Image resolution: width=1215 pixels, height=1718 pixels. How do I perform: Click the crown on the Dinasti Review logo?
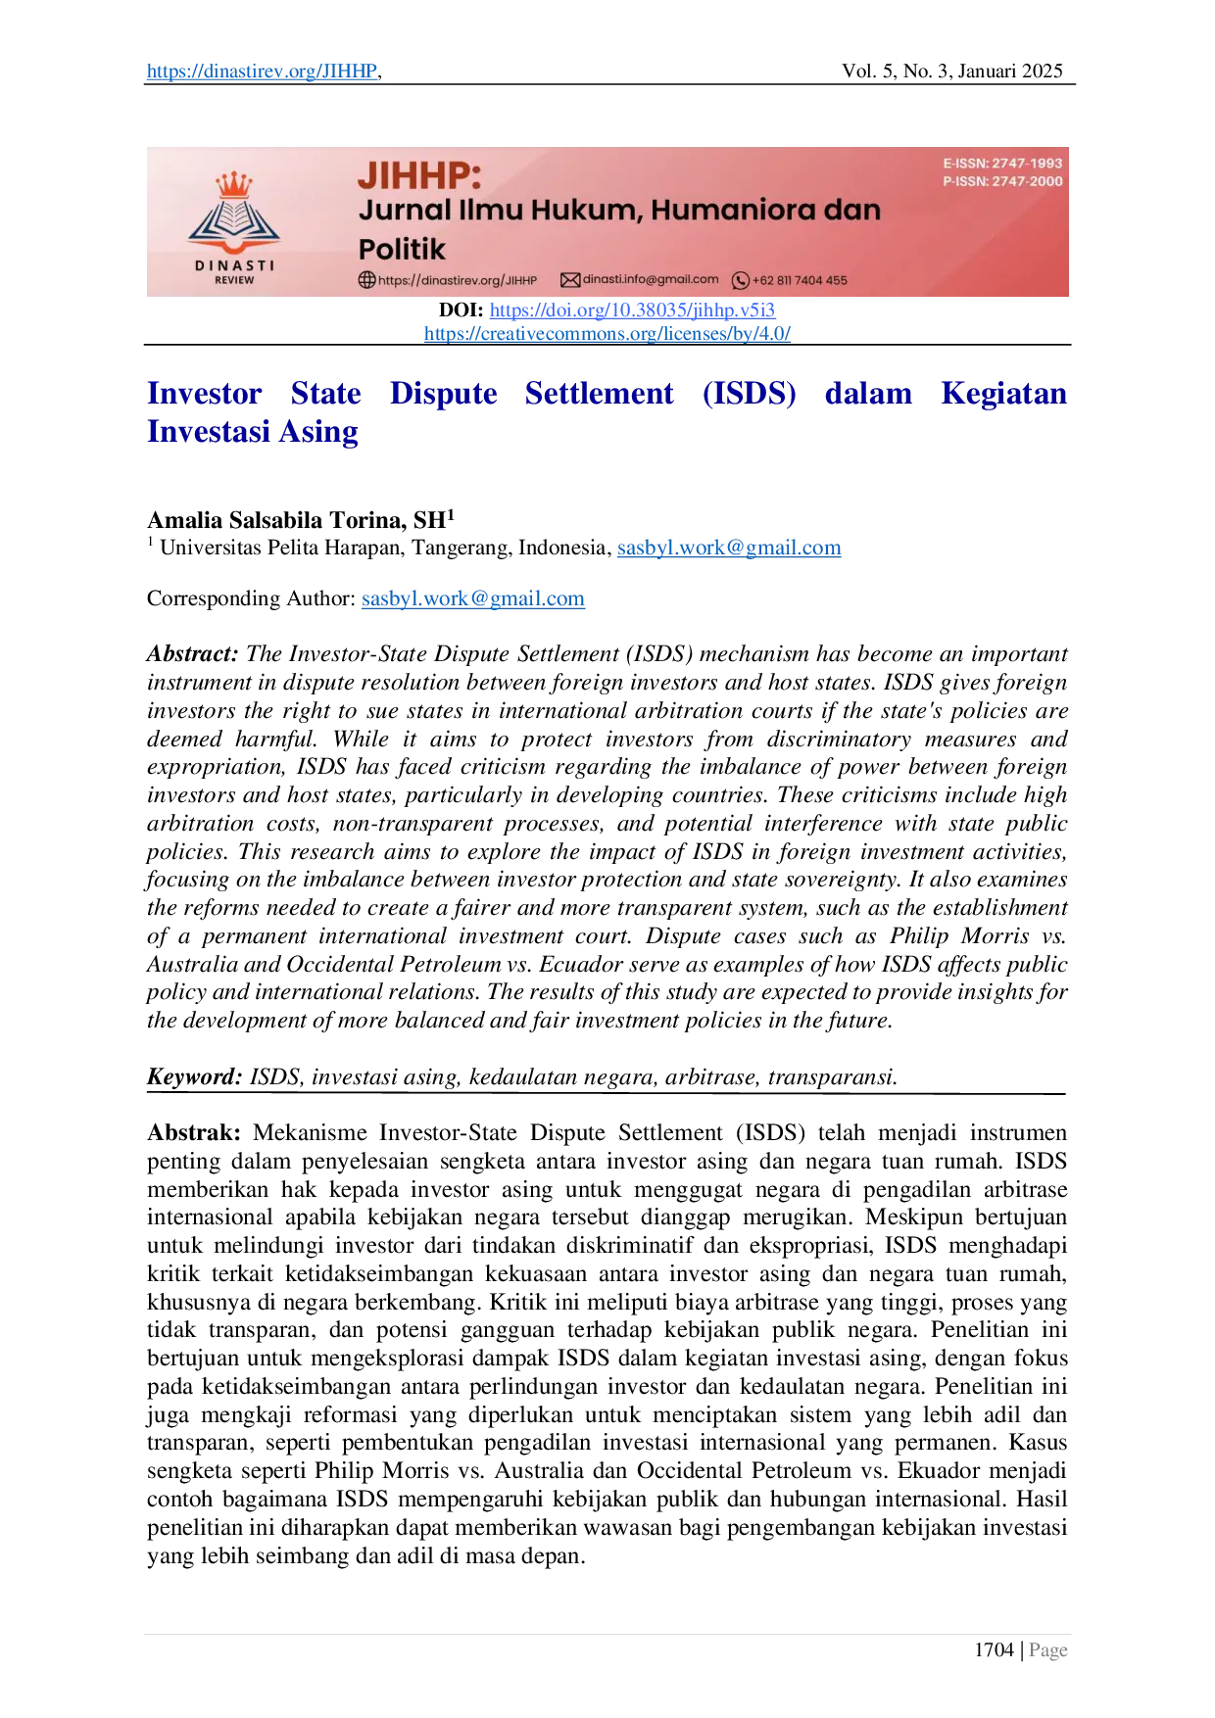[x=234, y=184]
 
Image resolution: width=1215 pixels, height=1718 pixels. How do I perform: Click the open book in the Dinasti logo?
[x=234, y=219]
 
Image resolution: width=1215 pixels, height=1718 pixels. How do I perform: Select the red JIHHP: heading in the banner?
[x=419, y=175]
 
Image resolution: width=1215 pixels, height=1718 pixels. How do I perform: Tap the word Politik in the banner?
[x=402, y=249]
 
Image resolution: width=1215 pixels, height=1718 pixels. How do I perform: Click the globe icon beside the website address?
[x=367, y=280]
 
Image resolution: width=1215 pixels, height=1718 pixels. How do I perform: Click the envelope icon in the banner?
[x=570, y=280]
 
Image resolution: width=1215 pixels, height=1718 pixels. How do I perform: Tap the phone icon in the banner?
[x=741, y=280]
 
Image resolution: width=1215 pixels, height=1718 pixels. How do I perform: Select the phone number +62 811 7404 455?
[x=800, y=280]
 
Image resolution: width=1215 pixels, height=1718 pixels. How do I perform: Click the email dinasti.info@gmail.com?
[x=651, y=279]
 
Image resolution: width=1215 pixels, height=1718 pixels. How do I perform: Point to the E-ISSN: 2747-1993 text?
[x=1002, y=164]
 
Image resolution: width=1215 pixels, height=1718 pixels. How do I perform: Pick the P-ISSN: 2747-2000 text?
[x=1002, y=181]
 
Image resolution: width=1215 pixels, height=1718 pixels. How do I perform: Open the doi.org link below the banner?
[x=632, y=310]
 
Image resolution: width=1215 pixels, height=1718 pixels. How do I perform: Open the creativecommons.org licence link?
[x=607, y=333]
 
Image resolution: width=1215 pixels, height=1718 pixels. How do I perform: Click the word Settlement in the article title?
[x=599, y=393]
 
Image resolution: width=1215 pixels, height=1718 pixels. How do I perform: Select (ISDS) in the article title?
[x=749, y=393]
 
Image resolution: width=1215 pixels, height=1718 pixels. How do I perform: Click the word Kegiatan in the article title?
[x=1006, y=393]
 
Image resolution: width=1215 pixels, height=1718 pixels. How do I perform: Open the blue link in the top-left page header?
[x=261, y=72]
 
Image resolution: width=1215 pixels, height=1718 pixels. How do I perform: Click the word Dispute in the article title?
[x=443, y=393]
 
